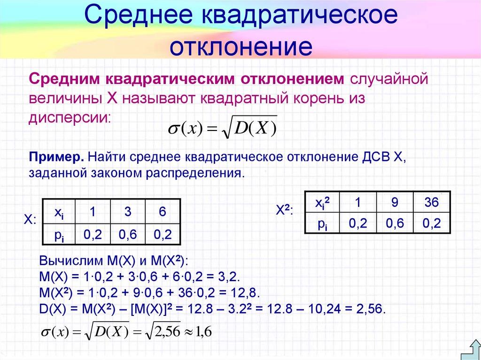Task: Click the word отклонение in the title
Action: [x=240, y=47]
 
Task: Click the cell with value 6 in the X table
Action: [x=163, y=212]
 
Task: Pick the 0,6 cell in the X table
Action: [x=127, y=234]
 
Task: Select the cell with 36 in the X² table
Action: [x=431, y=203]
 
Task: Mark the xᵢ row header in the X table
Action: [x=59, y=212]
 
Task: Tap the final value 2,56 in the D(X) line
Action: [x=371, y=309]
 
